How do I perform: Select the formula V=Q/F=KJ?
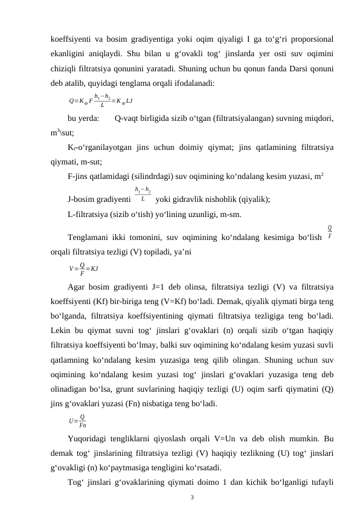84,267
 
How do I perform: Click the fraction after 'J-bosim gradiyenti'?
143,195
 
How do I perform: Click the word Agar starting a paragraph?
76,287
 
